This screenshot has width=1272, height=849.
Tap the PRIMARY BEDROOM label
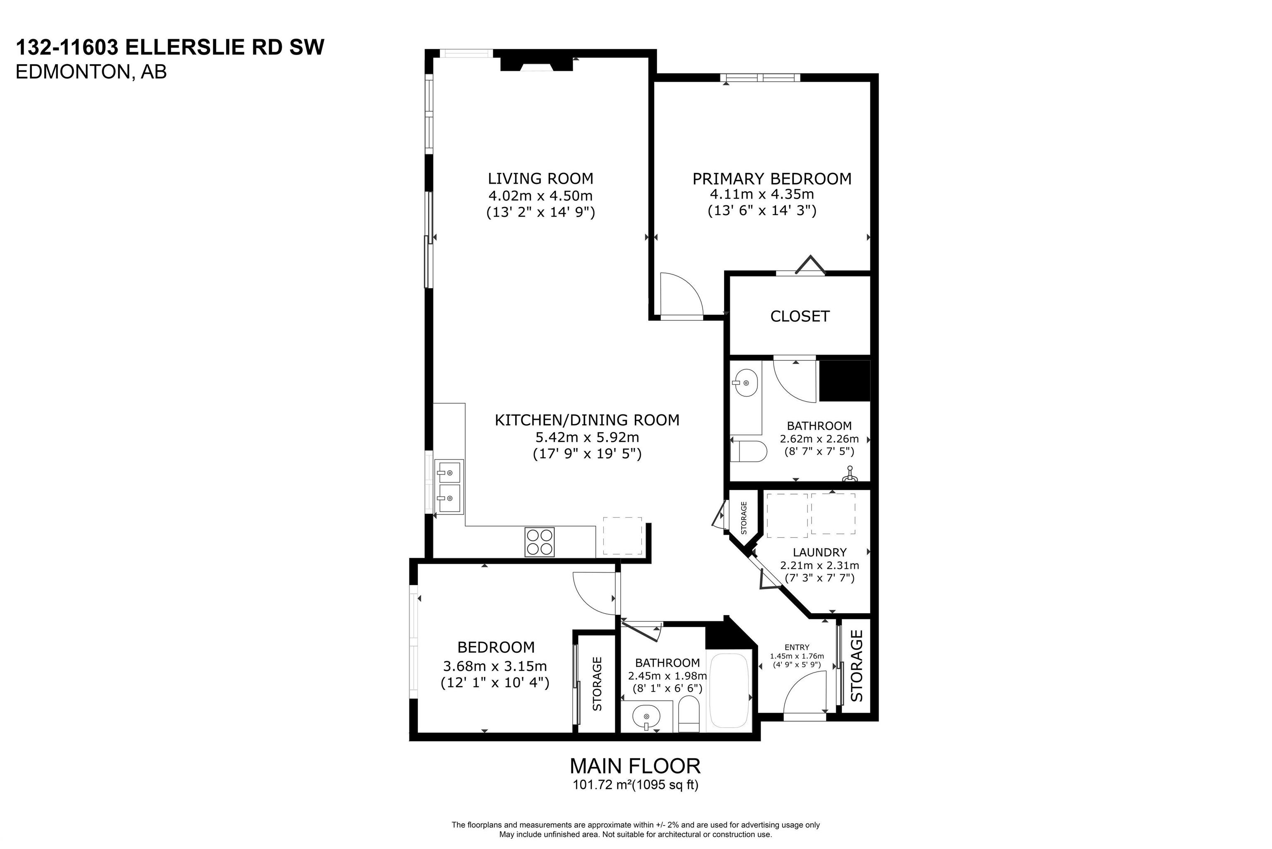click(x=772, y=178)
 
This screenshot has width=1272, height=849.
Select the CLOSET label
click(x=800, y=316)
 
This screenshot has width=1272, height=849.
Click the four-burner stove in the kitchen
click(x=540, y=542)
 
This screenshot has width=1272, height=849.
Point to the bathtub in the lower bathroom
click(x=730, y=691)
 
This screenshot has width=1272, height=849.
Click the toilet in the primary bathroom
click(x=748, y=451)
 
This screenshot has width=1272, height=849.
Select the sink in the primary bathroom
click(x=744, y=383)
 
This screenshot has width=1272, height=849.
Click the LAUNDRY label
click(x=819, y=552)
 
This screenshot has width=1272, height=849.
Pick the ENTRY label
click(x=797, y=647)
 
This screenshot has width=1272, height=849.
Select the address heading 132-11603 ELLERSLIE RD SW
click(x=170, y=47)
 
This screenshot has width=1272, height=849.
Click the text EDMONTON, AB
click(x=91, y=72)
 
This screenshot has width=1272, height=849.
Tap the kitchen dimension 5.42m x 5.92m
click(x=587, y=436)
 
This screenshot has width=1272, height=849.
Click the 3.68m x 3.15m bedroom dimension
click(x=495, y=665)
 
